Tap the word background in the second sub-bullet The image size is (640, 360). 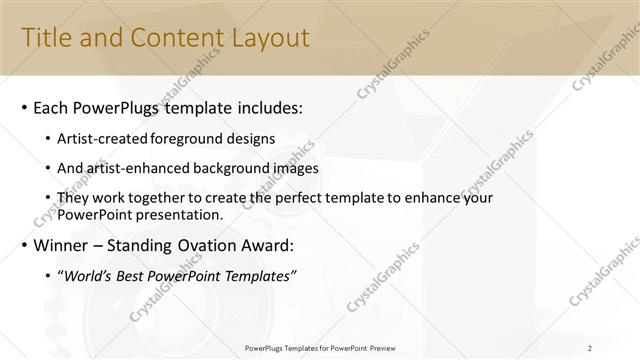tap(233, 169)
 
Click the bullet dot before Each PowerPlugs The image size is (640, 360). tap(25, 108)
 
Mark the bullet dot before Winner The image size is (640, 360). tap(25, 246)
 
